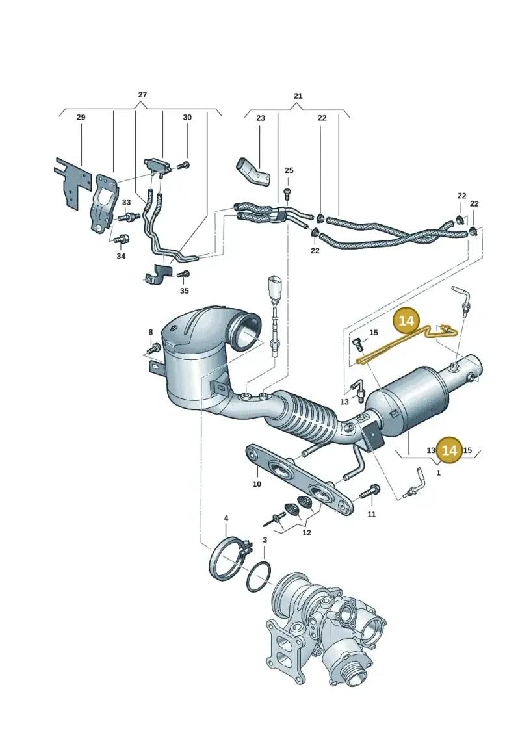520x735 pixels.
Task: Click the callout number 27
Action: pos(142,95)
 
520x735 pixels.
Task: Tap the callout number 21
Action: pos(298,96)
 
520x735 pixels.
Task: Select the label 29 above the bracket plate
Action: pos(81,117)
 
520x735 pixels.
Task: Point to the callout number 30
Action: pos(187,117)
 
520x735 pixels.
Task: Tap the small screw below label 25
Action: pos(287,192)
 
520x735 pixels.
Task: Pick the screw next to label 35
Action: pos(183,274)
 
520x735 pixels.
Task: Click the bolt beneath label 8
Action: pos(153,348)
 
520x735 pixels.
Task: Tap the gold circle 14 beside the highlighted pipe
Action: pos(406,320)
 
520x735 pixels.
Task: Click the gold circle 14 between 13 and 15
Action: pos(449,450)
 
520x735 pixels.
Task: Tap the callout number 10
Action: pos(257,484)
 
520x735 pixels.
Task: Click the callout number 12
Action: pos(307,533)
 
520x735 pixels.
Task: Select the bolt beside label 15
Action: pos(359,344)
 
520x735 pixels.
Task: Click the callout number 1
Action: pos(438,473)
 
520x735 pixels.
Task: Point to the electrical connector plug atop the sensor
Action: pos(274,285)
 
